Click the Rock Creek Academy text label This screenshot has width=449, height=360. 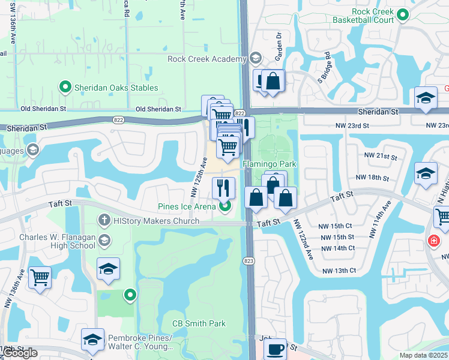pos(207,59)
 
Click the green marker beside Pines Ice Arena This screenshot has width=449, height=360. pos(226,207)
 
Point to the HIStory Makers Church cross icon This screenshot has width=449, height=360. pos(104,221)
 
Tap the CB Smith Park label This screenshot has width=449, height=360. pos(199,323)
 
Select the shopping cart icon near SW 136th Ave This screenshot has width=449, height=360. pos(40,278)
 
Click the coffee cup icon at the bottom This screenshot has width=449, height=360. pos(276,349)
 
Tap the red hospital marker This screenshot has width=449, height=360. pos(432,241)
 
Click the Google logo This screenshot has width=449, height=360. pos(19,353)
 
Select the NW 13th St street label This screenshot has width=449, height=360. pos(339,271)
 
